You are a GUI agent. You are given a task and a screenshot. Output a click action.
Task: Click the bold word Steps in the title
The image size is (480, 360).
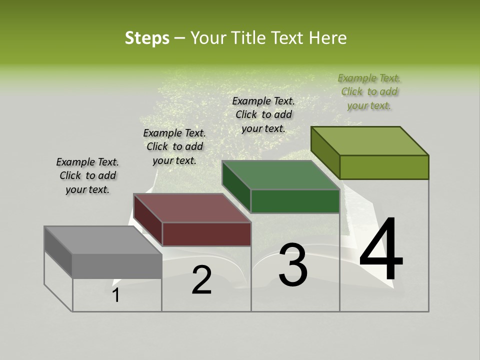tap(147, 38)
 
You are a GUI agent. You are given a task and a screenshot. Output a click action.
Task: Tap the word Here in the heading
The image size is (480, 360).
tap(327, 38)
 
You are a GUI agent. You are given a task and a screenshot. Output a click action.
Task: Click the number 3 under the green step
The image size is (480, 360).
tap(292, 265)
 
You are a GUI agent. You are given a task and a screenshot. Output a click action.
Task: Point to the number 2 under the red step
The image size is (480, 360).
tap(201, 280)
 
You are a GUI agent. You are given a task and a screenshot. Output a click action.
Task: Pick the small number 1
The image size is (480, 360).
tap(116, 295)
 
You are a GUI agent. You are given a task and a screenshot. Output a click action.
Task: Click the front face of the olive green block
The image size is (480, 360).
tap(384, 167)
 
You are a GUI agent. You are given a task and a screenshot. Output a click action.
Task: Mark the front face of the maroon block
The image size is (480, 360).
tap(206, 234)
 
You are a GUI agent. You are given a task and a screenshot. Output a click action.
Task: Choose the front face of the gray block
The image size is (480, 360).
tap(117, 266)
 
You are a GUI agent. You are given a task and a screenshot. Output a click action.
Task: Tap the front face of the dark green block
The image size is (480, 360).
tap(295, 201)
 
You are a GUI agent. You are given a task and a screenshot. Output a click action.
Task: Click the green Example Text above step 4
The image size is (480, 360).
tap(369, 91)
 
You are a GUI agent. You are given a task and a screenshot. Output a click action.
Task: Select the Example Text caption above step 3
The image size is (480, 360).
tap(263, 114)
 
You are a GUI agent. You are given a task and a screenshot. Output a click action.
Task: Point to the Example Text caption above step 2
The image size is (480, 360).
tap(174, 146)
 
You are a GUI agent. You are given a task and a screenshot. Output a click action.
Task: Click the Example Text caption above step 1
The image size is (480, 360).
tap(87, 175)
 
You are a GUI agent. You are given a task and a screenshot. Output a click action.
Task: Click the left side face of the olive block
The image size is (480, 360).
tap(325, 152)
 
